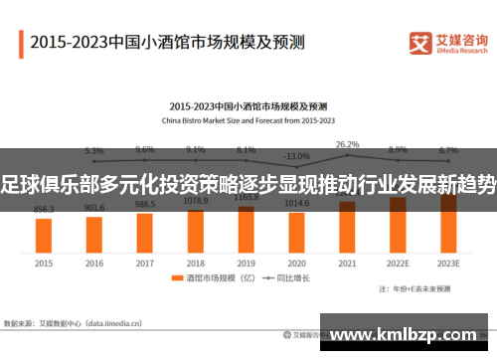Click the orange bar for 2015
44,235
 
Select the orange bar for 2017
145,231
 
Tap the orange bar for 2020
296,230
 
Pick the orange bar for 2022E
398,225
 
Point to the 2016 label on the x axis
94,265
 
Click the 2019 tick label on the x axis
246,265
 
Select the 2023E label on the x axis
448,265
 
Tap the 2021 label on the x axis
347,265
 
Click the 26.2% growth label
347,144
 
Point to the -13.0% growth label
296,156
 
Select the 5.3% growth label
94,151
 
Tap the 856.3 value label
44,210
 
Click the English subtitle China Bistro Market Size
248,119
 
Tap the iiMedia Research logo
447,42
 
